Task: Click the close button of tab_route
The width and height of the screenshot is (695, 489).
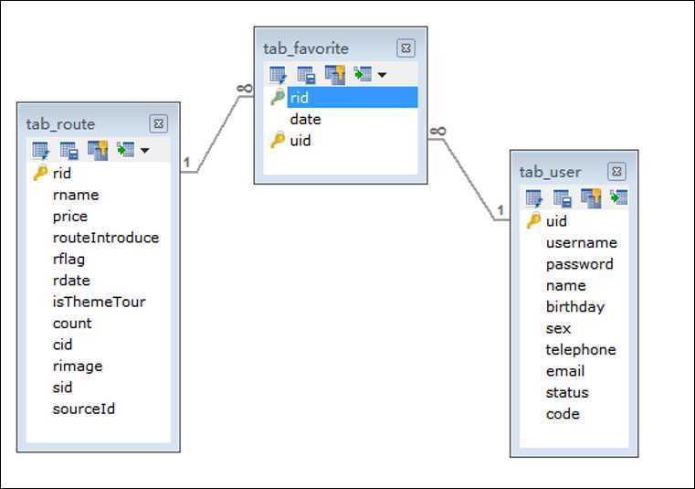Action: click(x=158, y=123)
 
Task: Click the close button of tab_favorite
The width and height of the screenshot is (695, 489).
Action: click(x=405, y=48)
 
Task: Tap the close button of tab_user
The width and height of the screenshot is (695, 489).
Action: click(x=616, y=172)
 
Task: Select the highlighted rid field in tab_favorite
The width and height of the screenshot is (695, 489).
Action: click(x=353, y=97)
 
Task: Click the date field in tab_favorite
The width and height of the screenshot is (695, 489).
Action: click(x=305, y=119)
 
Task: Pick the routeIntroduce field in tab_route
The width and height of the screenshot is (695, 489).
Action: click(x=106, y=238)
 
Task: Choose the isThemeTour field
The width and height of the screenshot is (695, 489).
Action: click(x=99, y=302)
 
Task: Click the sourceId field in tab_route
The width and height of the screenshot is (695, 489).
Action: click(x=83, y=409)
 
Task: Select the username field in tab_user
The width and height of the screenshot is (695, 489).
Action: click(x=582, y=243)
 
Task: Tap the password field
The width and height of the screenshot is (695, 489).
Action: click(x=579, y=264)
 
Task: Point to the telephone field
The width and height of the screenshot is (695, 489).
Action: click(x=581, y=350)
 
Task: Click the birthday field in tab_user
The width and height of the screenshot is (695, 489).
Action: click(x=574, y=307)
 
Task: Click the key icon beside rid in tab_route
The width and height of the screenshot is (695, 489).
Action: click(x=40, y=173)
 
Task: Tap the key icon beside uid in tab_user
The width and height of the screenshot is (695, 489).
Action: click(x=533, y=220)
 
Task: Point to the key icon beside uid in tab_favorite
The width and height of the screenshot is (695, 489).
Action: click(x=278, y=140)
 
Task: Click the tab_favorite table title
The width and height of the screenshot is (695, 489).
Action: click(x=306, y=48)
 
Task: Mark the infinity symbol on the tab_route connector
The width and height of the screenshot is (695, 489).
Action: click(x=245, y=89)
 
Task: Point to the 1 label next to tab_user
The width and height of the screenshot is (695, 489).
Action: click(x=500, y=210)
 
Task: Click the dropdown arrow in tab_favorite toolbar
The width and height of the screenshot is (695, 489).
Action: click(x=382, y=75)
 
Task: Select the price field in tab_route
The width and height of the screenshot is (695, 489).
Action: click(x=70, y=217)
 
